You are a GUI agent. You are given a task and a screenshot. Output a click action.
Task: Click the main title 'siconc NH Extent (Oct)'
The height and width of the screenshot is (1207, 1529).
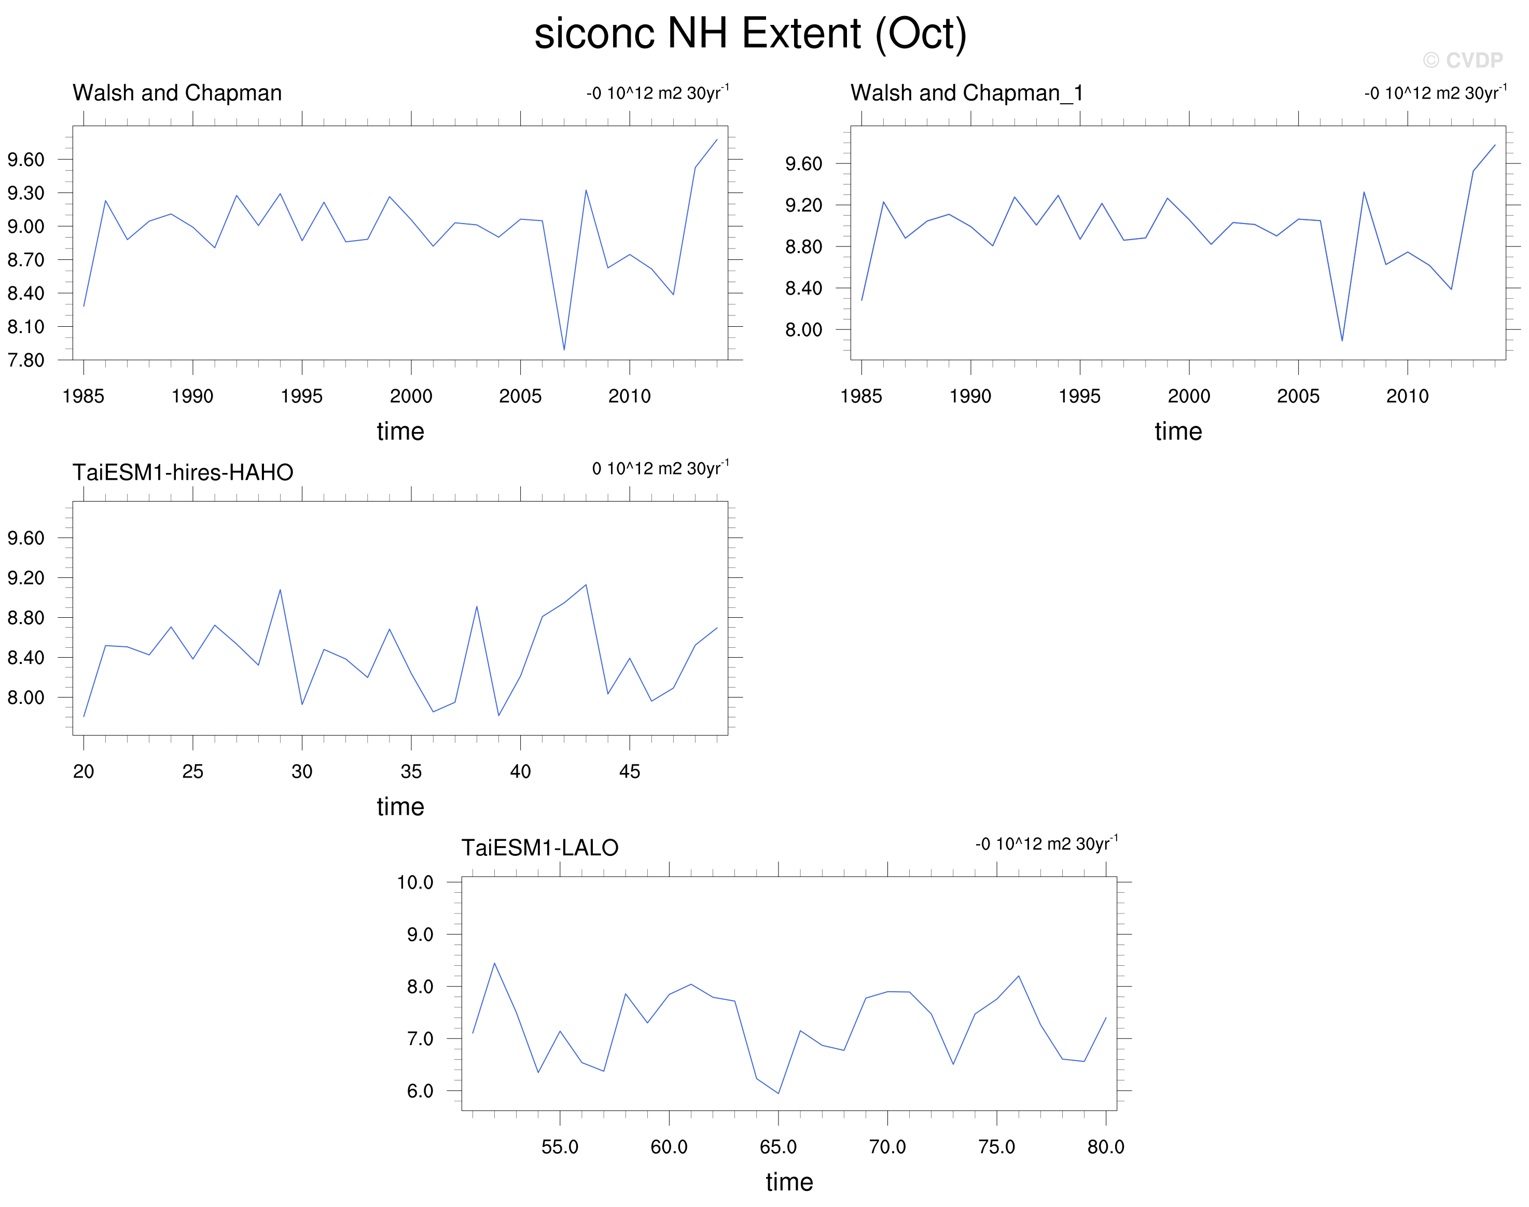pyautogui.click(x=750, y=34)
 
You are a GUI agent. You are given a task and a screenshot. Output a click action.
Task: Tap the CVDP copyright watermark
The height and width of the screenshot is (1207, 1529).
pyautogui.click(x=1463, y=60)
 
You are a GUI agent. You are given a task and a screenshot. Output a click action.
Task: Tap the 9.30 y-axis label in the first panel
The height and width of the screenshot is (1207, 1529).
pyautogui.click(x=25, y=193)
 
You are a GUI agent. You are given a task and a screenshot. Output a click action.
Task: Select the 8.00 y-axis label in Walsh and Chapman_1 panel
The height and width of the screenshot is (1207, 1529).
pyautogui.click(x=803, y=329)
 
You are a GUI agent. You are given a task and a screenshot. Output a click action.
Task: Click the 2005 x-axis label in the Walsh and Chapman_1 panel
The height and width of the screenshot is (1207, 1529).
pyautogui.click(x=1298, y=396)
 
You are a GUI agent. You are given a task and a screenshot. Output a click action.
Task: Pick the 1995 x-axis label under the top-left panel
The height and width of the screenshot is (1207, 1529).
pyautogui.click(x=302, y=396)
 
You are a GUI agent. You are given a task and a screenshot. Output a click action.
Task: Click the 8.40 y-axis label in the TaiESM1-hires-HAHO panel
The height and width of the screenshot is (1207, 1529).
pyautogui.click(x=25, y=657)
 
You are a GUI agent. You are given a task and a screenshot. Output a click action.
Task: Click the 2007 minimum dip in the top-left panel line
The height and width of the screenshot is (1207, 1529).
pyautogui.click(x=564, y=350)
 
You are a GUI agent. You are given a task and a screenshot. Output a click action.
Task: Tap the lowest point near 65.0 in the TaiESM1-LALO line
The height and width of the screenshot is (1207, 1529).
pyautogui.click(x=778, y=1093)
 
